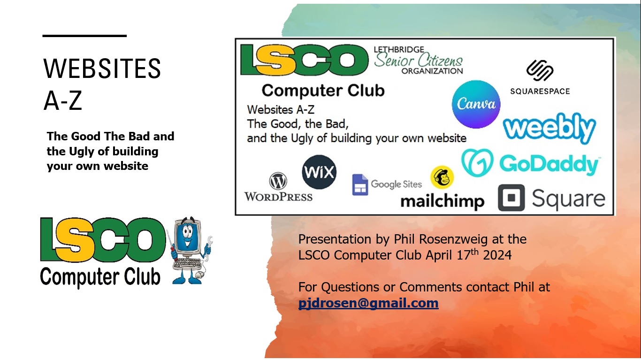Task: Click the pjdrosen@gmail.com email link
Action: pos(368,303)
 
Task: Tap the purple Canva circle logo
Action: pos(476,104)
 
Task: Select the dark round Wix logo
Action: pos(319,172)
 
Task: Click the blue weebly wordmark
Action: pos(549,128)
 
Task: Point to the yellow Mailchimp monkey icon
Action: pos(442,177)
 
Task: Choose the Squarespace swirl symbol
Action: pos(540,70)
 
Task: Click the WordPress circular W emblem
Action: pos(278,181)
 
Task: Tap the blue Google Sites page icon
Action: pos(360,184)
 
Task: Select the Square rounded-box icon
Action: pos(511,198)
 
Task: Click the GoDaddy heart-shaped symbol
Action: pos(477,162)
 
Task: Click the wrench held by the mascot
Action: pos(209,248)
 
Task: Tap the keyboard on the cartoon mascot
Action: pos(187,264)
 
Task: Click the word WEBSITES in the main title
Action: pos(102,69)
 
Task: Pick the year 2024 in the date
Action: pos(497,255)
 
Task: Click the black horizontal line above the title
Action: pos(84,36)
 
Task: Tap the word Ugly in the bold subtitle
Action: pos(81,152)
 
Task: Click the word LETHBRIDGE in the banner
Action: pos(399,49)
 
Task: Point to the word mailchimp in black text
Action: pos(443,201)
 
